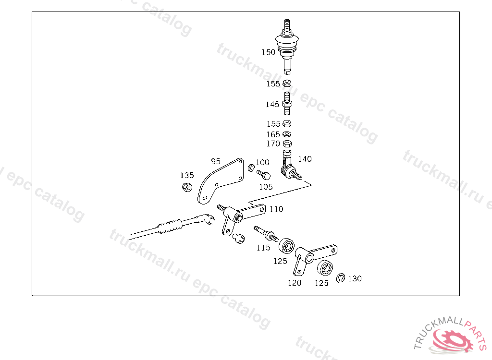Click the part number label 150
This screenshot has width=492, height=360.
tap(268, 52)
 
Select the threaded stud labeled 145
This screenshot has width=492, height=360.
tap(287, 104)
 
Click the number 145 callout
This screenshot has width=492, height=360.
tap(272, 104)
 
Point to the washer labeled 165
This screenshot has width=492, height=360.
tap(287, 134)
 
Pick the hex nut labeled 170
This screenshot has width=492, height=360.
tap(287, 144)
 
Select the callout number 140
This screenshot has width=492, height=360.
tap(305, 159)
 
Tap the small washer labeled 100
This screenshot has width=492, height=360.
tap(251, 168)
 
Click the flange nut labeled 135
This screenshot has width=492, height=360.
tap(187, 187)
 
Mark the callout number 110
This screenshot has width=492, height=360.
tap(276, 209)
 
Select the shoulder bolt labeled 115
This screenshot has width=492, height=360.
tap(266, 234)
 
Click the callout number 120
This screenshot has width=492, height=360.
tap(295, 283)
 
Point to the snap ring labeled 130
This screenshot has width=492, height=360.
tap(341, 278)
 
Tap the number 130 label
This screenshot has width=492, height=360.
tap(355, 278)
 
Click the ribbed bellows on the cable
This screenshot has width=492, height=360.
tap(170, 226)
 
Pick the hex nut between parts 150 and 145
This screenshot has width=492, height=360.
tap(287, 84)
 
